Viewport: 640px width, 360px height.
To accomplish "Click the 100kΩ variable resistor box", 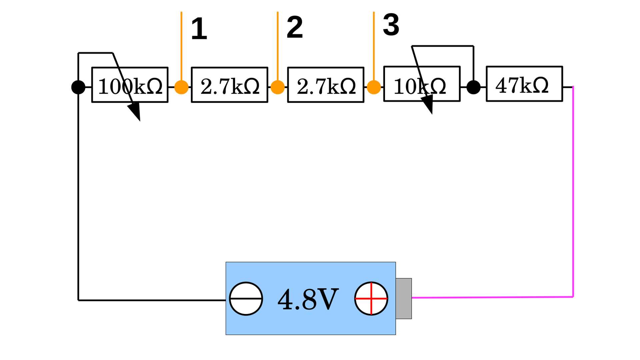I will [130, 85].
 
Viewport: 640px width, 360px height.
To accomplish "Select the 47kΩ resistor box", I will [524, 84].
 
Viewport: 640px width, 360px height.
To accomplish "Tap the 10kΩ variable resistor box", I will [422, 84].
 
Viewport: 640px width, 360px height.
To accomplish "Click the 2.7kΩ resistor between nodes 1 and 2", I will [229, 85].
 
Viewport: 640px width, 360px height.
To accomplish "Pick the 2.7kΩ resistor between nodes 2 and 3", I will [325, 85].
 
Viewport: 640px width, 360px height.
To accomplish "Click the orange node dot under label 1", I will [181, 87].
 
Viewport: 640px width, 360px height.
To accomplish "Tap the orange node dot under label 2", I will [277, 87].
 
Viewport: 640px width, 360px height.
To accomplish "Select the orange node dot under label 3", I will [374, 87].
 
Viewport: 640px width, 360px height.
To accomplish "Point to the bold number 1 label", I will [199, 29].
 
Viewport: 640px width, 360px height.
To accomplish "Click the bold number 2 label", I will [295, 27].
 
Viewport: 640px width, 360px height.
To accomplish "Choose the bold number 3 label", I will [391, 25].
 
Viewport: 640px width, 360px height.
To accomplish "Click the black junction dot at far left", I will [78, 87].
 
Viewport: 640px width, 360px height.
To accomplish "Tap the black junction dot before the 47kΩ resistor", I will [473, 87].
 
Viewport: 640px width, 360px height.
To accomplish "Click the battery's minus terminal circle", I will [246, 299].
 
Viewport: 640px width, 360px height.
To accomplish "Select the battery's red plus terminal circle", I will [371, 299].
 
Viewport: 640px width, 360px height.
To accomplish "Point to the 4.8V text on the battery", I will [308, 299].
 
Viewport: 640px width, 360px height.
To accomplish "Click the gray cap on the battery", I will [404, 299].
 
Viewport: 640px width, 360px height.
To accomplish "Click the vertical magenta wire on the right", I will [573, 192].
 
